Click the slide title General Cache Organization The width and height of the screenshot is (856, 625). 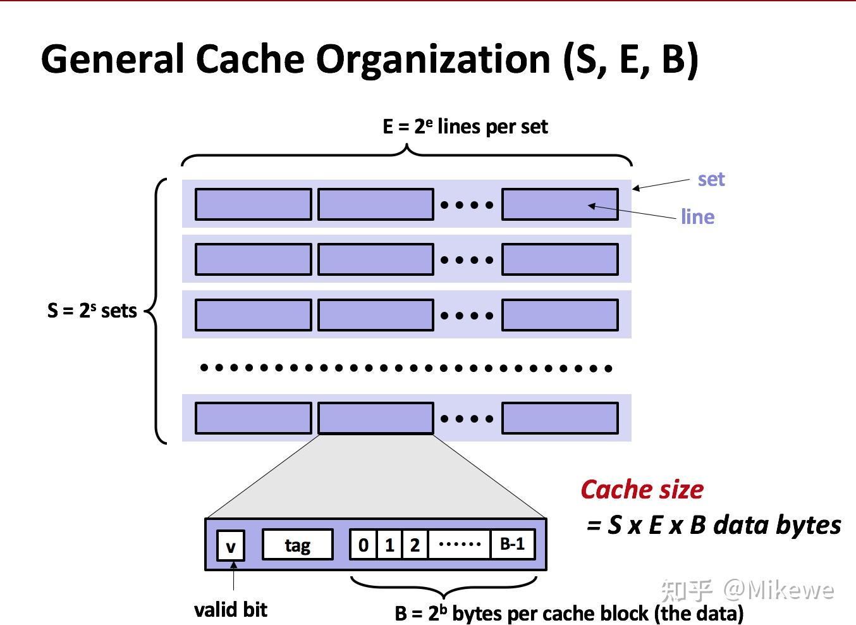[369, 59]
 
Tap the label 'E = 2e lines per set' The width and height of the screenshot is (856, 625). [465, 127]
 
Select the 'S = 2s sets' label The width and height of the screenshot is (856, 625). [92, 311]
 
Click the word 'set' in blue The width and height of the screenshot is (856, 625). [711, 179]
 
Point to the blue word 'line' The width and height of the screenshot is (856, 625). [697, 217]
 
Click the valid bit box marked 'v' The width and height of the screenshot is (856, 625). [231, 545]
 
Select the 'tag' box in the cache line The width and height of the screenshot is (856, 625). [297, 545]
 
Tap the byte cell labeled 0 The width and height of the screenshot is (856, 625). [364, 545]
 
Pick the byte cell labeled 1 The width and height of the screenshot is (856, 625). [389, 545]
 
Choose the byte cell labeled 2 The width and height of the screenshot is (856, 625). [415, 545]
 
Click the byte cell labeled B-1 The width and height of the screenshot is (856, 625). [512, 544]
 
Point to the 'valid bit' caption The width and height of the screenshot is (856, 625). [231, 609]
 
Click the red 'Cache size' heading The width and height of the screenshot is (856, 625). [642, 490]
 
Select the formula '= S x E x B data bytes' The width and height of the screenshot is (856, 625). [714, 525]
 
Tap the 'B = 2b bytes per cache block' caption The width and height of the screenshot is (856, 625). [569, 613]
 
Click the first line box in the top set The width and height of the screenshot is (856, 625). [253, 204]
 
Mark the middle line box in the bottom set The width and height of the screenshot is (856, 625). [376, 418]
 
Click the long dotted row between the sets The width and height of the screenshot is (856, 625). [405, 368]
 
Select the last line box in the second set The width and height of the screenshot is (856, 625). [559, 259]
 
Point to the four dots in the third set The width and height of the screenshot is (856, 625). [467, 315]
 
